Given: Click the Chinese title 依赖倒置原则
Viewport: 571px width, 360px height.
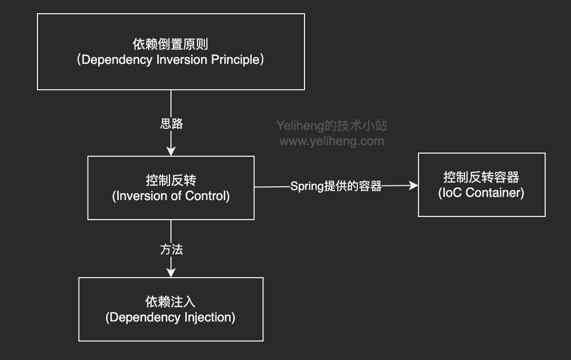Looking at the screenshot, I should pos(170,44).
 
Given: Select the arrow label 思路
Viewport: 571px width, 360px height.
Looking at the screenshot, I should pos(172,124).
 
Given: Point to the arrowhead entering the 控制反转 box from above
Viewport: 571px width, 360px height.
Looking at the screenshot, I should pos(171,151).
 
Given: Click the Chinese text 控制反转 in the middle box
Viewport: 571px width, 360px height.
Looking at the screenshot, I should pos(170,180).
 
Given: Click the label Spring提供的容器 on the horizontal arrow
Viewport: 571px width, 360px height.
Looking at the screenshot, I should pos(336,186).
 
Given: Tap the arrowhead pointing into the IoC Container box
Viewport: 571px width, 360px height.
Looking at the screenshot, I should pos(414,185).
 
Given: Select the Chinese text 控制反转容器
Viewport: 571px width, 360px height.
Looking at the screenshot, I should pos(481,177).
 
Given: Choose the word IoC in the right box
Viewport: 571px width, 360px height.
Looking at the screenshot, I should pos(453,193).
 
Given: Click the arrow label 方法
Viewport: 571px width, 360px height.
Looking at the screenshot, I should pos(172,249).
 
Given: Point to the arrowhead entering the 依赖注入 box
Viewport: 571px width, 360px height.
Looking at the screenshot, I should pos(171,273).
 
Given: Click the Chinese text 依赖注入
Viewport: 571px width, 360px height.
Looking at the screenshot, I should pos(170,301).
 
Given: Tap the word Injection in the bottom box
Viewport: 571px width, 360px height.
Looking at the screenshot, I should pos(207,317).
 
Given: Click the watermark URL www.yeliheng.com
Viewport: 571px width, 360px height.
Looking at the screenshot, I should pos(331,141).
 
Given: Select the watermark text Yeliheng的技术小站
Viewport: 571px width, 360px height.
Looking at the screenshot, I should pos(331,126).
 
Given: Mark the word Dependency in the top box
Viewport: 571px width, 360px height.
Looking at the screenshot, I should pos(118,60).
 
